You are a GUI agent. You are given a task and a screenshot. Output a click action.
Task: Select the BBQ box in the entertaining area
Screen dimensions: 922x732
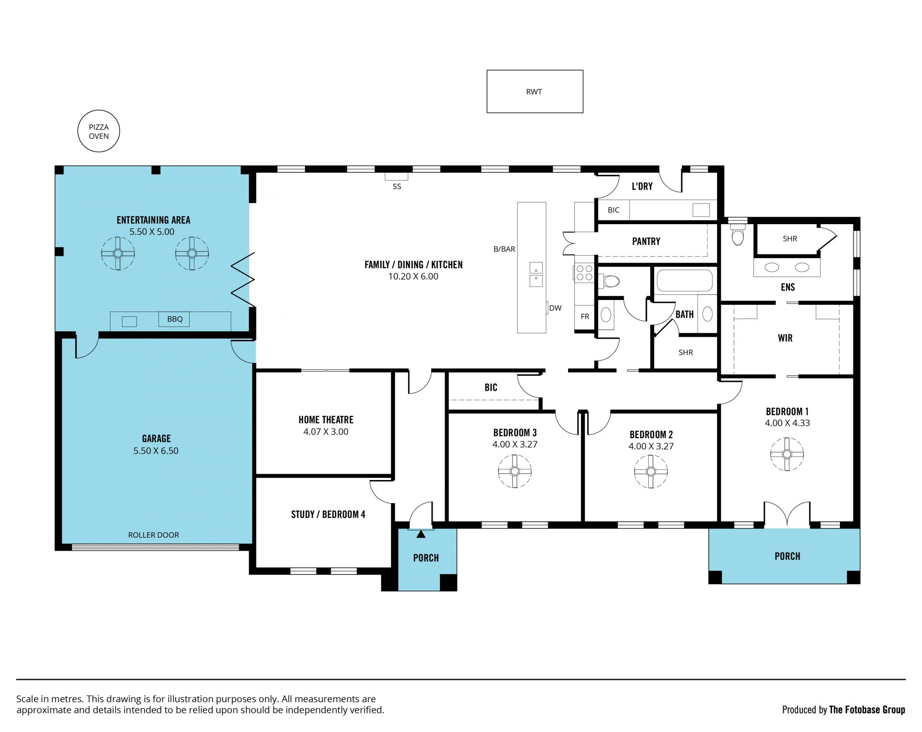pos(174,319)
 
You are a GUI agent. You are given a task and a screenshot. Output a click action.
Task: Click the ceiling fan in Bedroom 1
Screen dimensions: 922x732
pos(787,454)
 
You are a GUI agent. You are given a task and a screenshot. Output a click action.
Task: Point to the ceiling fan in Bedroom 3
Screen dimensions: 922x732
pos(515,471)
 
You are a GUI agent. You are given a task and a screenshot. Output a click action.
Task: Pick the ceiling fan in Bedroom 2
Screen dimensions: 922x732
pos(651,471)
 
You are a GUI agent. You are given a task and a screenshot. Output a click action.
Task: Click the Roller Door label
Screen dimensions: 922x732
pos(154,535)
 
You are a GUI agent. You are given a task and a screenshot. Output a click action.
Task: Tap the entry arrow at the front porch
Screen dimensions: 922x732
pos(421,534)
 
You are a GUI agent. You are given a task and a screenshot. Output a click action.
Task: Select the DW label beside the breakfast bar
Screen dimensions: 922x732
pos(556,308)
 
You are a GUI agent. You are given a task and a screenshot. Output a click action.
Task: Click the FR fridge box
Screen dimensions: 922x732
pos(585,317)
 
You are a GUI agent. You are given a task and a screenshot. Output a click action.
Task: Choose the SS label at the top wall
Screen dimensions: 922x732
pos(397,187)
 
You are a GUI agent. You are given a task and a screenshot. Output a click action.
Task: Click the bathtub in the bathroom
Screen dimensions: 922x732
pos(684,281)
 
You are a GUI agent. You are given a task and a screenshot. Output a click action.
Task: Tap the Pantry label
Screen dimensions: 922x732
pos(646,241)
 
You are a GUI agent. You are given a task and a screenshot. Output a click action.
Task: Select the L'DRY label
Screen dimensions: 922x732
pos(642,187)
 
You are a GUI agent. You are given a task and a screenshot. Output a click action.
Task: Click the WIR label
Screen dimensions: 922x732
pos(785,338)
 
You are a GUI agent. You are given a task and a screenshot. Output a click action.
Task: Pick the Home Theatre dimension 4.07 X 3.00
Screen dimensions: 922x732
pos(326,432)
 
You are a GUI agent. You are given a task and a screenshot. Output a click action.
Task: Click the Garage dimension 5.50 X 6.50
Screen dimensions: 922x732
pos(156,451)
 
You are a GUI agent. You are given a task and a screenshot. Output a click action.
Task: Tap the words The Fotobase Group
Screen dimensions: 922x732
pos(867,710)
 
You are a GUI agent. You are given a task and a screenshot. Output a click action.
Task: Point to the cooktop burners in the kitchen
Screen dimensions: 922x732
pos(584,273)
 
